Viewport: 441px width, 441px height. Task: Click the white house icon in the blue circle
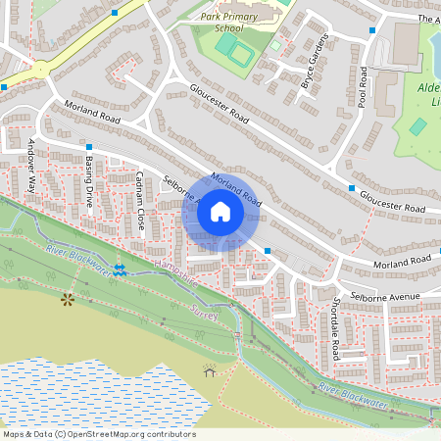[x=220, y=212]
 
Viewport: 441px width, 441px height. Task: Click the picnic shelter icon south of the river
[x=209, y=370]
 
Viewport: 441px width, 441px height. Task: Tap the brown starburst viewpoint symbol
[x=68, y=298]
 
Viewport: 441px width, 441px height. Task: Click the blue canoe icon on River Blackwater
[x=119, y=269]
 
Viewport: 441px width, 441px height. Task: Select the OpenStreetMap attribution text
[x=99, y=434]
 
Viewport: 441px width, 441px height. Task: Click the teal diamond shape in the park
[x=418, y=126]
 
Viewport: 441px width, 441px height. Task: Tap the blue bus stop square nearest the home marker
[x=268, y=252]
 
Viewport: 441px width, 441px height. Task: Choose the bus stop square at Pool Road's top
[x=372, y=29]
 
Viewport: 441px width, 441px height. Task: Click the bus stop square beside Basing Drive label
[x=88, y=146]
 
